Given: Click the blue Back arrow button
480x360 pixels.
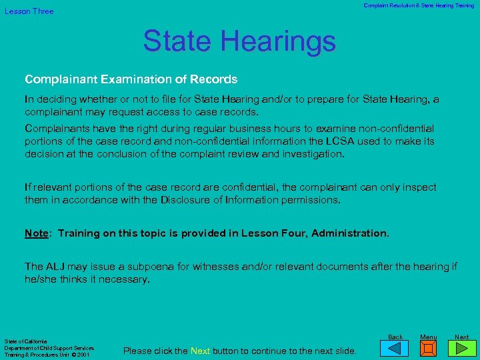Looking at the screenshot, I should point(395,349).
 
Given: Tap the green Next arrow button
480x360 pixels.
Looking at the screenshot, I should point(462,349).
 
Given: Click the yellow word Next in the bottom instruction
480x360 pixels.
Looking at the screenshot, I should point(201,351).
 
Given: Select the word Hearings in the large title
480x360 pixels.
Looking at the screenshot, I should point(281,41).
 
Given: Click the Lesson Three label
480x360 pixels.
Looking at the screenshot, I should point(29,11).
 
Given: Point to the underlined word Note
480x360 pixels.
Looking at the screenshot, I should point(36,233).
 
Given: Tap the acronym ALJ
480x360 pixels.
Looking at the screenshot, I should point(55,267).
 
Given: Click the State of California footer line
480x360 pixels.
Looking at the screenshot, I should point(24,341).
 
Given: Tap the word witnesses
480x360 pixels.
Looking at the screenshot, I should point(218,267).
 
